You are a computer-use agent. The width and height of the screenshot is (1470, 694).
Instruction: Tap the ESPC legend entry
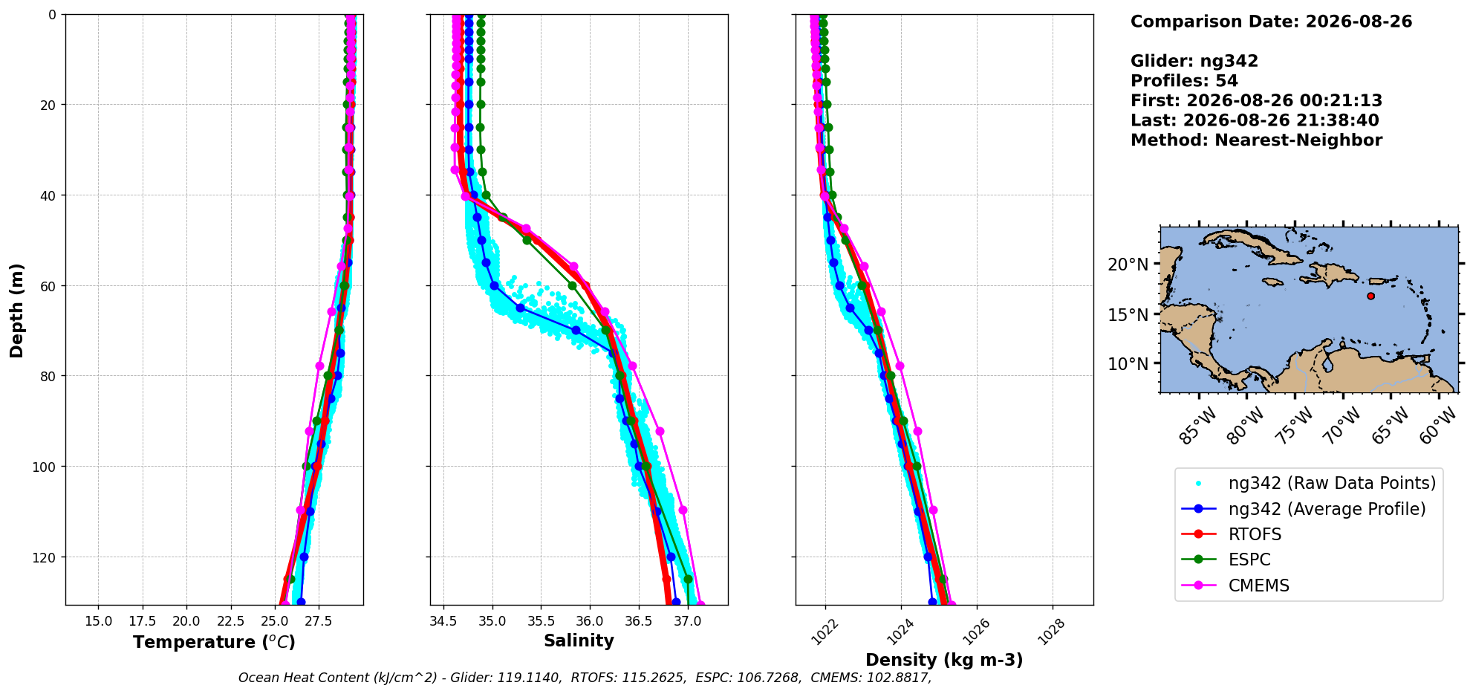pyautogui.click(x=1226, y=560)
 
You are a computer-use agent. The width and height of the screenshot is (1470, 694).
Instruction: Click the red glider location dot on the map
pyautogui.click(x=1370, y=296)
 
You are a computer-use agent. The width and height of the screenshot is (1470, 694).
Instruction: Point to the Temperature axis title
pyautogui.click(x=214, y=642)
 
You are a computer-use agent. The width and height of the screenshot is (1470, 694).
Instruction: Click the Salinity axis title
pyautogui.click(x=579, y=641)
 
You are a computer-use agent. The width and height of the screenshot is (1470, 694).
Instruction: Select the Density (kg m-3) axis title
pyautogui.click(x=944, y=660)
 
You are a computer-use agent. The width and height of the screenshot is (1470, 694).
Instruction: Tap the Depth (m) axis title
pyautogui.click(x=16, y=310)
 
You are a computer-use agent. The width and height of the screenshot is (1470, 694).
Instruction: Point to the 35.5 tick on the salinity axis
pyautogui.click(x=541, y=621)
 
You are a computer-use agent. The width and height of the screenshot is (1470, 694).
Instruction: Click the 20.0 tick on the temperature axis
pyautogui.click(x=186, y=621)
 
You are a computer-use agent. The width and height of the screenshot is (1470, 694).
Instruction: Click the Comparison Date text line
pyautogui.click(x=1271, y=22)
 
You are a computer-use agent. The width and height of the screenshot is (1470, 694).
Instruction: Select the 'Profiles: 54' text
pyautogui.click(x=1184, y=81)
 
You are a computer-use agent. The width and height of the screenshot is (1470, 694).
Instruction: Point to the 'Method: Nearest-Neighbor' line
pyautogui.click(x=1256, y=140)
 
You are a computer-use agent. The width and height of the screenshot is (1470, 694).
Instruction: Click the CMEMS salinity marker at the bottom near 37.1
pyautogui.click(x=700, y=604)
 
